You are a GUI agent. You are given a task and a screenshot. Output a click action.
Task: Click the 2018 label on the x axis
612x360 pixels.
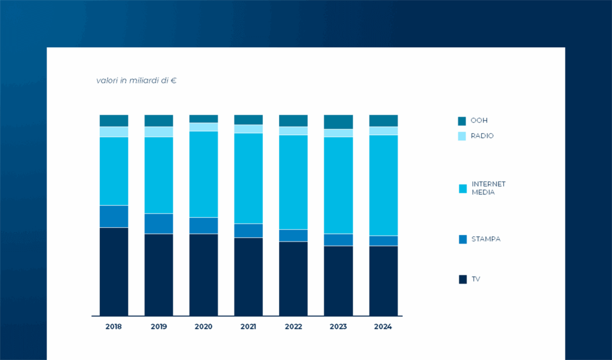pyautogui.click(x=114, y=327)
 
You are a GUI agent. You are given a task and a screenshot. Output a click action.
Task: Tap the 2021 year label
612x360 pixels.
pyautogui.click(x=248, y=327)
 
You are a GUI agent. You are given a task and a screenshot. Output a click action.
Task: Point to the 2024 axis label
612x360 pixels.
pyautogui.click(x=383, y=327)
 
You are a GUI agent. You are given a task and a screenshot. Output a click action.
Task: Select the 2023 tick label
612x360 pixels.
pyautogui.click(x=338, y=327)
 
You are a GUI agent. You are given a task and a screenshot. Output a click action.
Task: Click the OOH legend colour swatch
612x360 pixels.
pyautogui.click(x=462, y=121)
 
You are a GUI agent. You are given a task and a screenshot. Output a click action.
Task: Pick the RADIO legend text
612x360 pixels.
pyautogui.click(x=482, y=136)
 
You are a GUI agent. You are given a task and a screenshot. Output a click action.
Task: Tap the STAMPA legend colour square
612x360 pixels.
pyautogui.click(x=462, y=239)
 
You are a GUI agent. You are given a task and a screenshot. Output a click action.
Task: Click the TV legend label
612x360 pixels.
pyautogui.click(x=476, y=279)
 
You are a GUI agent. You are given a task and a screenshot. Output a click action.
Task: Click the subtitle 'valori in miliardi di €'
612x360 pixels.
pyautogui.click(x=136, y=80)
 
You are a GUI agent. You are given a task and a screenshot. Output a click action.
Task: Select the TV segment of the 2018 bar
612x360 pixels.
pyautogui.click(x=114, y=271)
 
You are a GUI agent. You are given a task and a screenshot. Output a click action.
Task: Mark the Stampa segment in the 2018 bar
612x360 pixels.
pyautogui.click(x=114, y=216)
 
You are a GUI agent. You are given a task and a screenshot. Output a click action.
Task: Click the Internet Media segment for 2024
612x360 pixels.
pyautogui.click(x=383, y=185)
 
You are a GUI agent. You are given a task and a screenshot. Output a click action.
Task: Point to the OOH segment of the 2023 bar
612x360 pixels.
pyautogui.click(x=338, y=122)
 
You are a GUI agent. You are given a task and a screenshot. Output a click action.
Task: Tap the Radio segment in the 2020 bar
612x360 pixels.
pyautogui.click(x=203, y=127)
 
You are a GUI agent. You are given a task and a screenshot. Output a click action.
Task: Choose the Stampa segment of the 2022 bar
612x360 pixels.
pyautogui.click(x=293, y=236)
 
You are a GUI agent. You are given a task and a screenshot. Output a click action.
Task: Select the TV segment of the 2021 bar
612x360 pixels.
pyautogui.click(x=248, y=277)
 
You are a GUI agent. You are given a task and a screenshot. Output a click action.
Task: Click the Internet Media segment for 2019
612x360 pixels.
pyautogui.click(x=158, y=175)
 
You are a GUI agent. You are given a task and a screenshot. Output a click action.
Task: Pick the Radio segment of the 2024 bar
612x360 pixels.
pyautogui.click(x=383, y=131)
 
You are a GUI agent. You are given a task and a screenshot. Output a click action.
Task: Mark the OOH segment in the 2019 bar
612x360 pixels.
pyautogui.click(x=158, y=121)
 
